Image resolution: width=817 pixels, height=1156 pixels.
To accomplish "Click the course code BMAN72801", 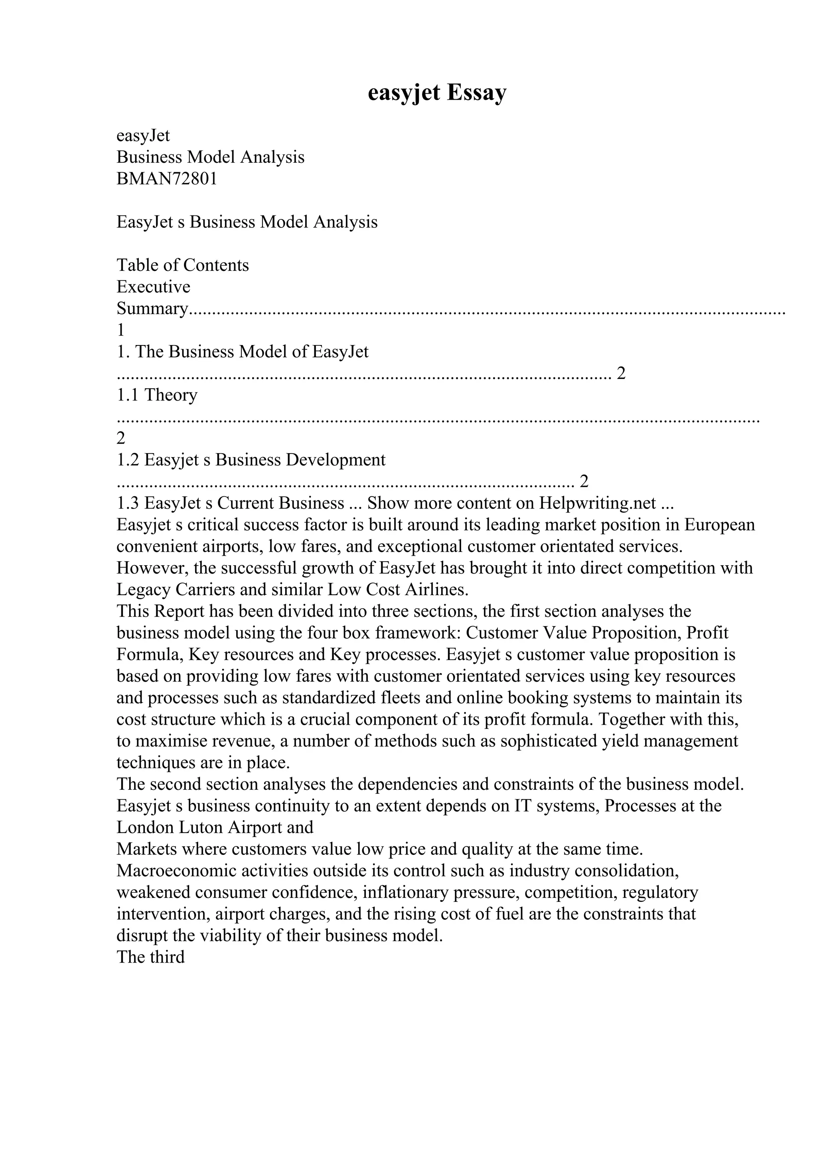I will pos(167,179).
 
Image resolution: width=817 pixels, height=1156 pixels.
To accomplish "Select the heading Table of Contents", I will pos(183,265).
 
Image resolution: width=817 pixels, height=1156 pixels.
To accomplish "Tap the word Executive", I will pos(154,287).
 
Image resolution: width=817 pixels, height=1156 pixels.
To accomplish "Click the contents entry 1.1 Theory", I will pos(157,395).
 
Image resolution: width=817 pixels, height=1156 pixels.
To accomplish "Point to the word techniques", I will pos(156,763).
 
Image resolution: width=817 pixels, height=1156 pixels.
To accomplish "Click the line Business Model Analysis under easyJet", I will pos(210,158).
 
